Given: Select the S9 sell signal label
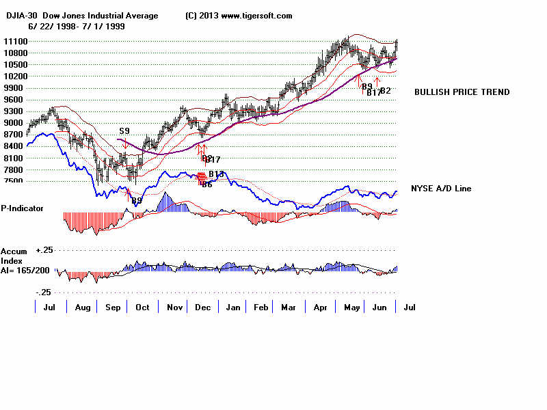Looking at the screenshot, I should click(124, 131).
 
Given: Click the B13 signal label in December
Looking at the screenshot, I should click(217, 174).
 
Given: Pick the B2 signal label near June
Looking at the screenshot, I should click(386, 90).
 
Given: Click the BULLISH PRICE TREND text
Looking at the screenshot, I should click(462, 92).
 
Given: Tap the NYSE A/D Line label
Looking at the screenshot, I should click(441, 189).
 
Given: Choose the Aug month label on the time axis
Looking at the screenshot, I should click(81, 307).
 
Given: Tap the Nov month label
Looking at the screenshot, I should click(174, 307).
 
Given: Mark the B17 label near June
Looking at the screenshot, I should click(374, 93).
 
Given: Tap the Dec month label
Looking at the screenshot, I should click(203, 307).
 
